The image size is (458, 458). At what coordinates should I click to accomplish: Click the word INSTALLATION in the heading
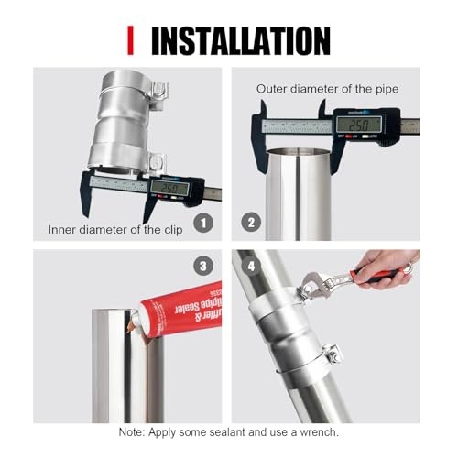[240, 40]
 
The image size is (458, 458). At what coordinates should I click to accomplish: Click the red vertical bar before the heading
[130, 40]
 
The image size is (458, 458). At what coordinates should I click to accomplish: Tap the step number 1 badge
[204, 221]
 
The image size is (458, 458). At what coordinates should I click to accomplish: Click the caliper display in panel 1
[170, 188]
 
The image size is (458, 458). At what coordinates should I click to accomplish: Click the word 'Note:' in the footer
[136, 431]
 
